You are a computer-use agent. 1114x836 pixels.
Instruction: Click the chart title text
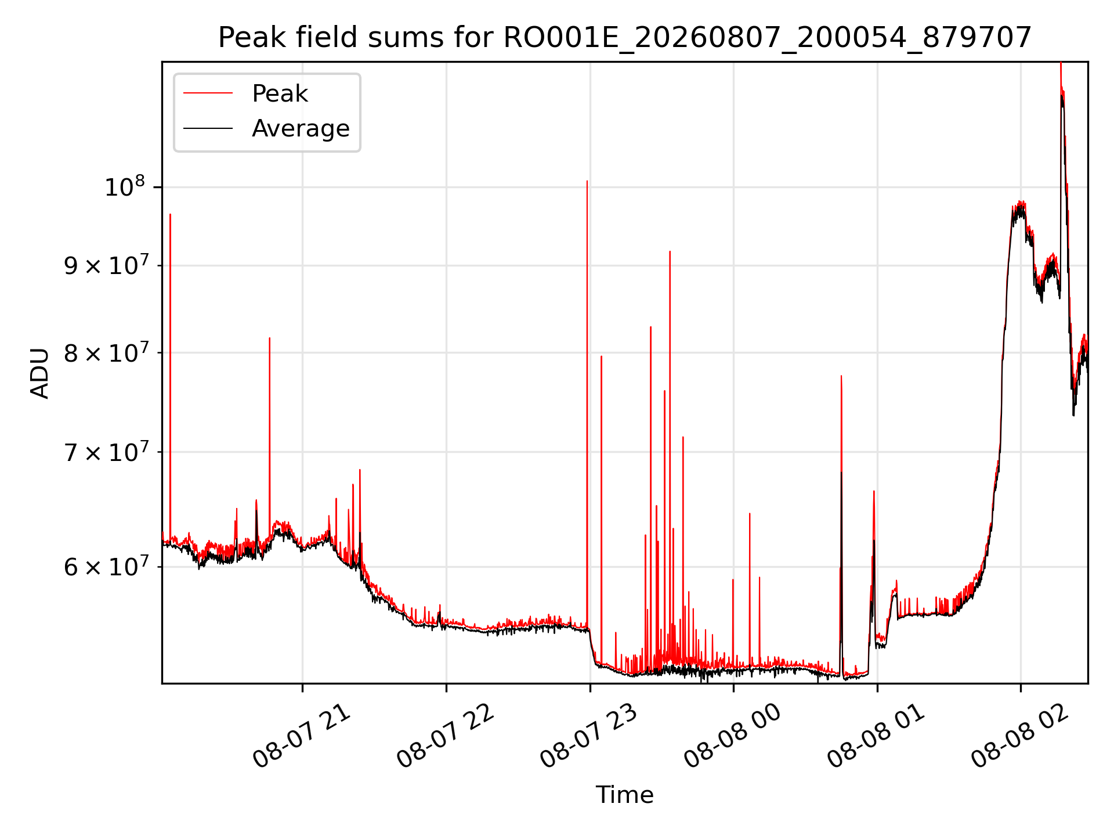pyautogui.click(x=624, y=38)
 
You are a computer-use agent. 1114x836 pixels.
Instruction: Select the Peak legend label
pyautogui.click(x=280, y=93)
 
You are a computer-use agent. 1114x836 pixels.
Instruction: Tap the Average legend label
pyautogui.click(x=301, y=128)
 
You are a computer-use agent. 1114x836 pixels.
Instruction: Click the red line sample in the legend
pyautogui.click(x=208, y=93)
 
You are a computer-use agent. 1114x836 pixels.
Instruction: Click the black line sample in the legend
pyautogui.click(x=208, y=128)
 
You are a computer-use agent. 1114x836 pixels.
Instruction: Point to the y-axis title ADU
pyautogui.click(x=40, y=373)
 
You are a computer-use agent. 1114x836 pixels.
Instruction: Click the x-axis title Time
pyautogui.click(x=624, y=795)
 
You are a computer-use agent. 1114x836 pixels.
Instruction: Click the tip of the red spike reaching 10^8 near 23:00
pyautogui.click(x=587, y=181)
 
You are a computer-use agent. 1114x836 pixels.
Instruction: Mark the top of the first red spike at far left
pyautogui.click(x=170, y=214)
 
